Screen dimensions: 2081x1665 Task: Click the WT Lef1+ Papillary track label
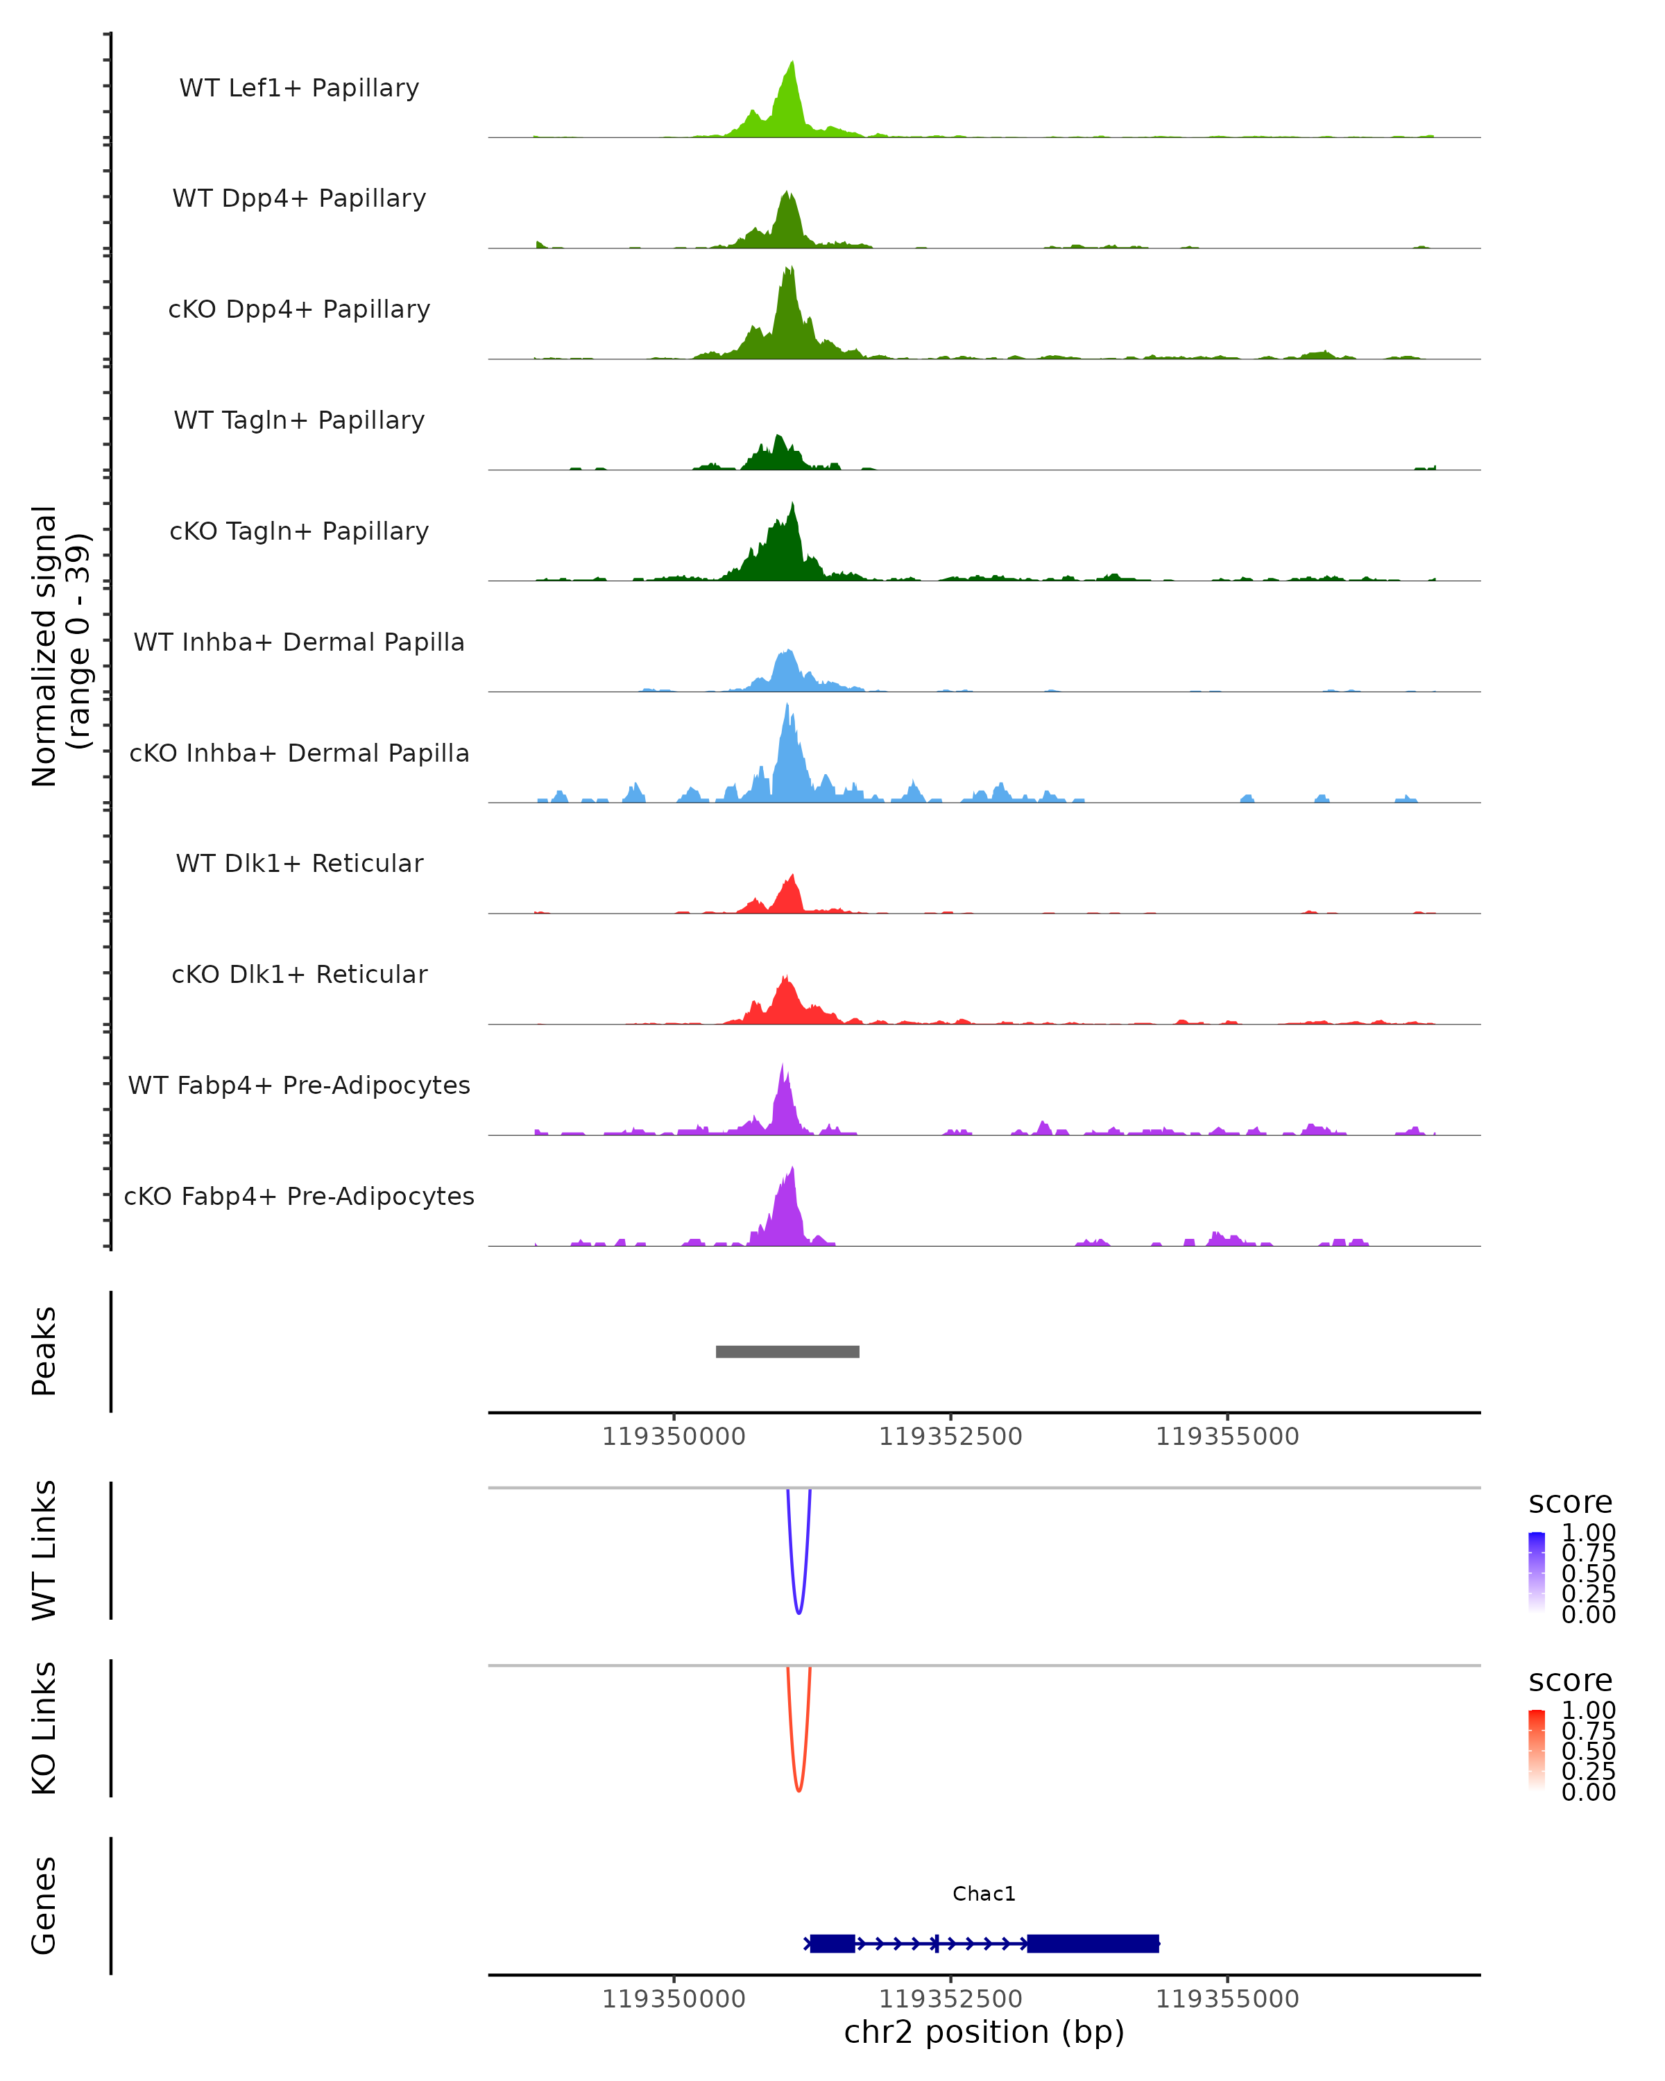click(x=299, y=88)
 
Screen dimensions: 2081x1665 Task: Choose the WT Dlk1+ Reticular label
click(x=299, y=863)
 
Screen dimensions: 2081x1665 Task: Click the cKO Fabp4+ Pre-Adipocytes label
click(x=299, y=1196)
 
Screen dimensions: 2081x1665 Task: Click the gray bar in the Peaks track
click(x=787, y=1351)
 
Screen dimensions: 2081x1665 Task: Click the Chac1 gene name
click(x=984, y=1894)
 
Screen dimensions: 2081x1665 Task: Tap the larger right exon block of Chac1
click(x=1093, y=1943)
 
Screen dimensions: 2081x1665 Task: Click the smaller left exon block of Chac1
click(x=832, y=1943)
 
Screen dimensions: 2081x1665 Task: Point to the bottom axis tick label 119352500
click(x=950, y=1999)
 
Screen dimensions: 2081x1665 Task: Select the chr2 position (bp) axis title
click(x=984, y=2032)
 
